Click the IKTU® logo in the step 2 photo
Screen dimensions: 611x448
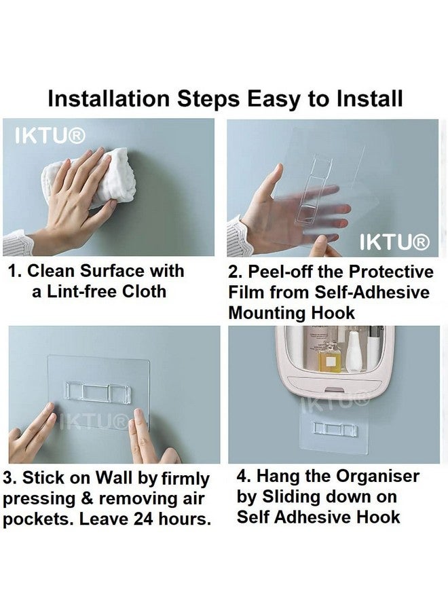[x=394, y=242]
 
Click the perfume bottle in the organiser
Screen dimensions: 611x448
[x=329, y=356]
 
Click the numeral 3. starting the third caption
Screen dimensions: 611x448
[x=10, y=477]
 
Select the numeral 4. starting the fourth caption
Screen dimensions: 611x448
[x=244, y=476]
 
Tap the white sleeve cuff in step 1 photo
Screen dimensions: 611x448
[x=17, y=242]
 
